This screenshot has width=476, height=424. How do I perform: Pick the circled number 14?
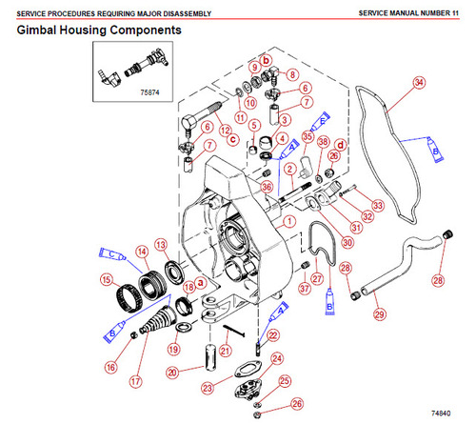point(141,252)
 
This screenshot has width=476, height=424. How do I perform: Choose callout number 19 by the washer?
point(171,349)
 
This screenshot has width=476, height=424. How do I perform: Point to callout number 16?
point(111,365)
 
